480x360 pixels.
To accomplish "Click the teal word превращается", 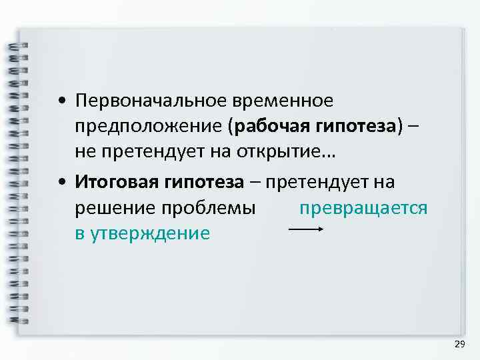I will pos(363,208).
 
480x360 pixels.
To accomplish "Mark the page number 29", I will pos(459,344).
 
